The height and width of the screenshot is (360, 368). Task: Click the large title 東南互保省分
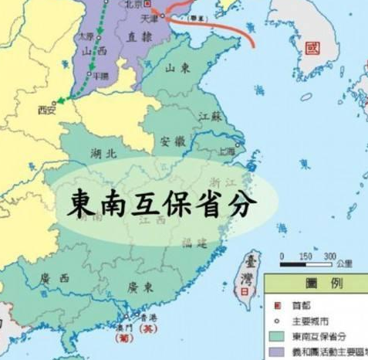click(x=163, y=203)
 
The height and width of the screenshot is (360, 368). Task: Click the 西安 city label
click(x=47, y=110)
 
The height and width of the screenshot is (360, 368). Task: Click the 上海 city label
click(x=227, y=151)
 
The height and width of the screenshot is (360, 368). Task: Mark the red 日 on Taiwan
click(x=246, y=294)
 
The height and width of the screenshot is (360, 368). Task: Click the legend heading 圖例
click(x=317, y=284)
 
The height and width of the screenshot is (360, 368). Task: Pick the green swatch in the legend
click(x=277, y=335)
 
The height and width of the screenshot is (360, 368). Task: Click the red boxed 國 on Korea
click(x=311, y=48)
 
